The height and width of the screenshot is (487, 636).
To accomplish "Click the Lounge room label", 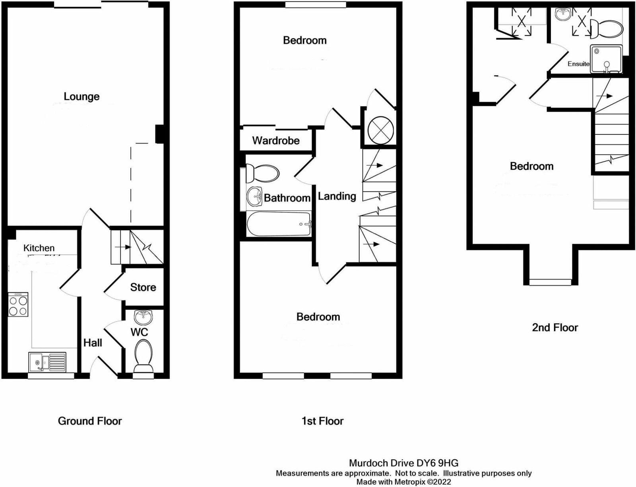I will (81, 97).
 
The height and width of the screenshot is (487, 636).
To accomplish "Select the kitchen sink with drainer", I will (47, 362).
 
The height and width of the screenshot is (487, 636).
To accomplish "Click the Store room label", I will (143, 287).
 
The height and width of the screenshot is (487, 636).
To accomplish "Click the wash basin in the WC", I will (143, 317).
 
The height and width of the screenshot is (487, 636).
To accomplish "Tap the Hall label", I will (93, 343).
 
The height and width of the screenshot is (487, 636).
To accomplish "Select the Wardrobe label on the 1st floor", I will (276, 140).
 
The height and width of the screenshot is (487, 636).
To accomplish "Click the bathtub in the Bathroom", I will (279, 223).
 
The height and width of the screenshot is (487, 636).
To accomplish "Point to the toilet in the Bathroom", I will (262, 173).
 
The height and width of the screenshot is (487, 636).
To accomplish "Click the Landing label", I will (337, 196).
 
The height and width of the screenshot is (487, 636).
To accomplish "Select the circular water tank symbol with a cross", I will (380, 130).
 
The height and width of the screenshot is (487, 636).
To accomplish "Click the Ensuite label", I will (578, 64).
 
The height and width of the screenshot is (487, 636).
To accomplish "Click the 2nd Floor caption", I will (555, 328).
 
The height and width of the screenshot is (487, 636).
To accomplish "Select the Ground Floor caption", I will (90, 421).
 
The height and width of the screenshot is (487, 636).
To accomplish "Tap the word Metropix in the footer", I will (409, 482).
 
